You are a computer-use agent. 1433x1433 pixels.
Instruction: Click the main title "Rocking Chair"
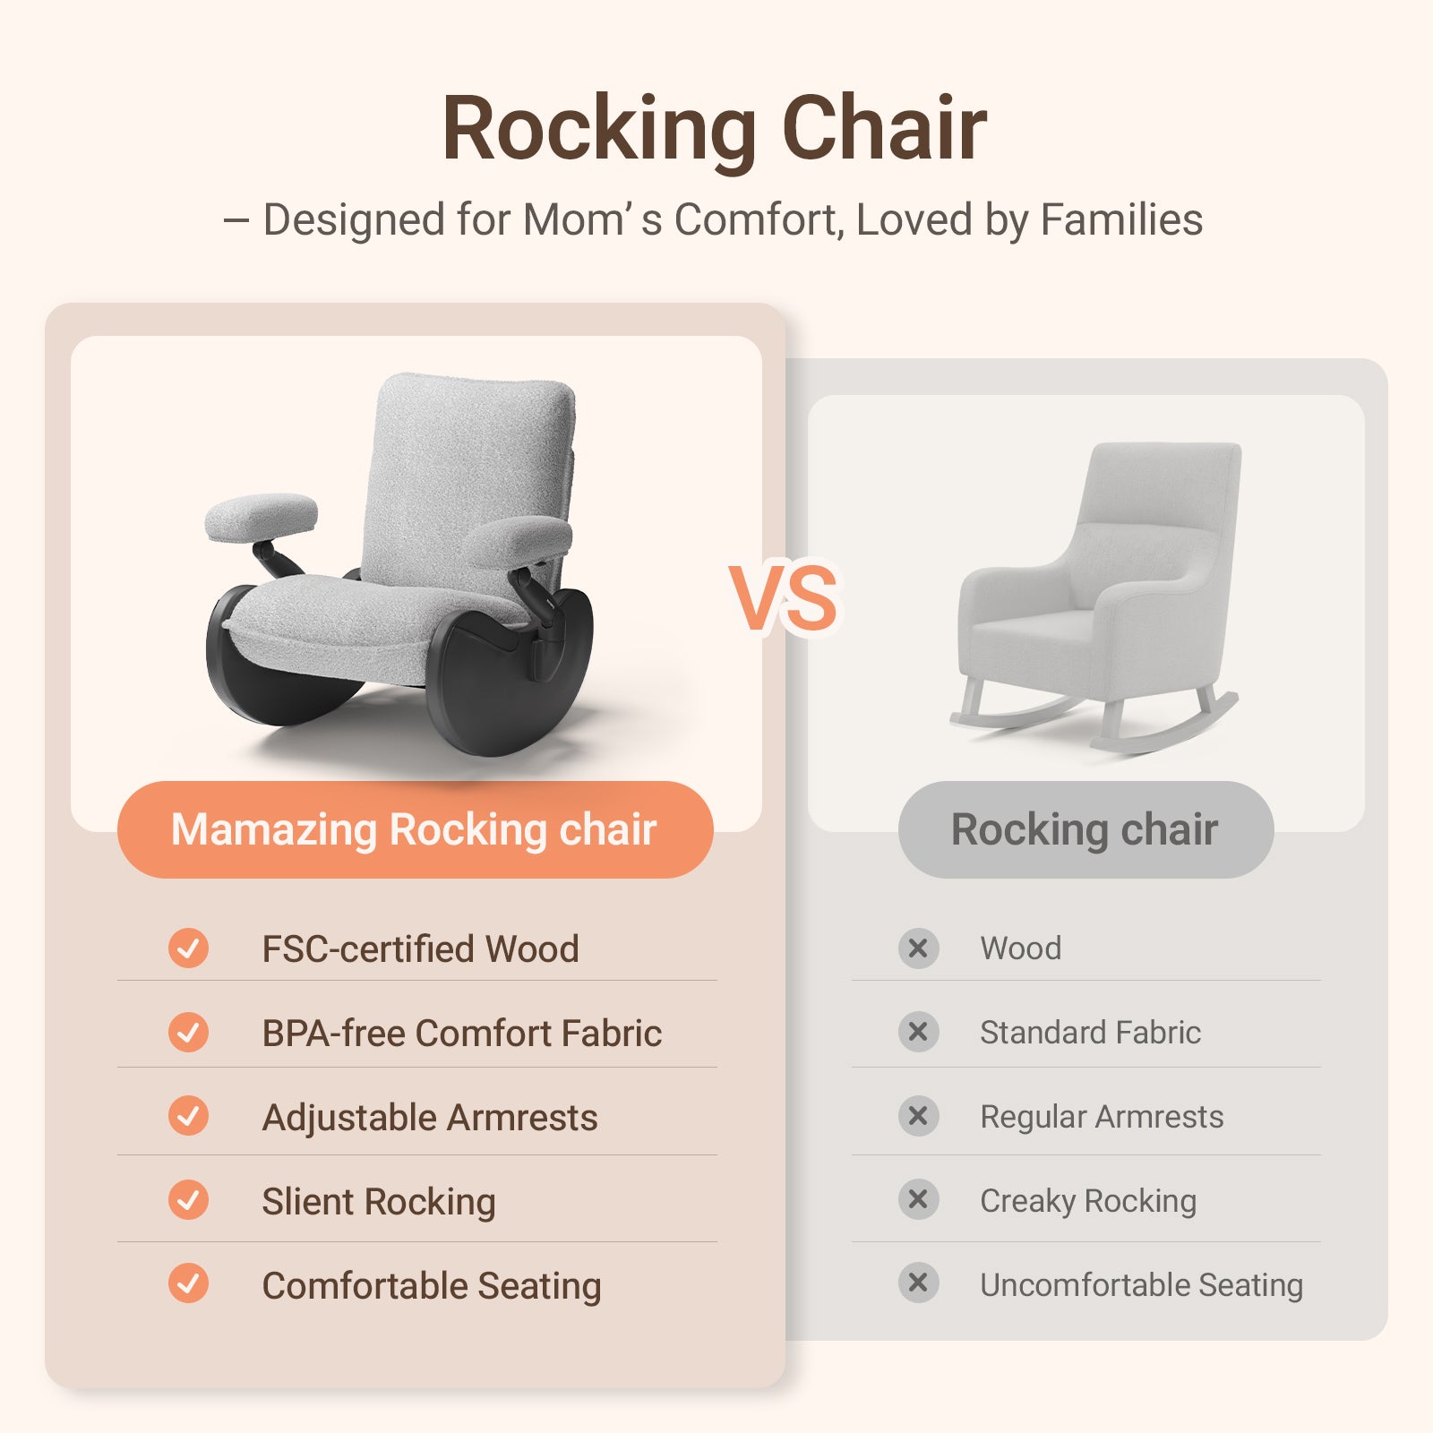714,130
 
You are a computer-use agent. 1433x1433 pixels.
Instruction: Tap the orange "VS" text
784,598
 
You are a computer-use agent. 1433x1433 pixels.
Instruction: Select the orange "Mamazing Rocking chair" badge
415,829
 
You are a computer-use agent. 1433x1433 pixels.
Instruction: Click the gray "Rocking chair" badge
1085,829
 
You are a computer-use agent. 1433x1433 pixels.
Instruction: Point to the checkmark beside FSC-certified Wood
188,948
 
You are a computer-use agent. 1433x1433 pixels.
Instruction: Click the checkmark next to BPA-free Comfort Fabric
188,1032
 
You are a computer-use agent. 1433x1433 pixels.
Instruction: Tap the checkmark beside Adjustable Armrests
188,1116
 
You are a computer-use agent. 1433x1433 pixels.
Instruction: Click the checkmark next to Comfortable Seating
188,1283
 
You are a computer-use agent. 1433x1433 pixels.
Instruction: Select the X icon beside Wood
918,948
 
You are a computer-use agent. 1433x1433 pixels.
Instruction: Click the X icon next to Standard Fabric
918,1032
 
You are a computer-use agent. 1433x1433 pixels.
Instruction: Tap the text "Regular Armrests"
1102,1117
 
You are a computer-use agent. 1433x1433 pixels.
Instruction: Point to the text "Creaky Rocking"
1088,1201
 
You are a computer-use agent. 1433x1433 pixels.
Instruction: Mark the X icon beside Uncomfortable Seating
918,1283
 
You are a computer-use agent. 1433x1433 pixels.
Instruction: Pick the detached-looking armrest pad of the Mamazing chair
261,517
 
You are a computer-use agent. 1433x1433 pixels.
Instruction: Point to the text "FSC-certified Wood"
420,948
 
